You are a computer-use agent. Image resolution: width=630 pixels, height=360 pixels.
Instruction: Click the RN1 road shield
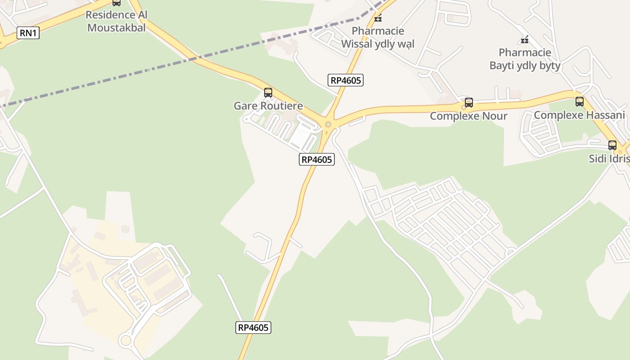coord(28,33)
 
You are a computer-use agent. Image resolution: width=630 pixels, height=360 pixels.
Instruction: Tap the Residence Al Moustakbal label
coord(116,21)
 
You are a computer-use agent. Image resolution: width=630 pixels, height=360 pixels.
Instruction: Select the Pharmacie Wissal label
coord(378,37)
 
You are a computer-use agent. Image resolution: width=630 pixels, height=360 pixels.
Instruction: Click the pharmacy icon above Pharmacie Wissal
coord(378,18)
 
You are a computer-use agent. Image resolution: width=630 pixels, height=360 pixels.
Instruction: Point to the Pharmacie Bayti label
coord(525,59)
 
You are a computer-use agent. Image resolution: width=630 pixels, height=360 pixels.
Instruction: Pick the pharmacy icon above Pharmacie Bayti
coord(525,40)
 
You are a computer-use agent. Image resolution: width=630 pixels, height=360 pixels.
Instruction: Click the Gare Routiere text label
coord(268,106)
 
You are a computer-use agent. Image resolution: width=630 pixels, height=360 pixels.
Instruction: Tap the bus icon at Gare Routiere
coord(268,93)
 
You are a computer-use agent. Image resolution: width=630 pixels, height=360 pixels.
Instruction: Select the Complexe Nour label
coord(468,116)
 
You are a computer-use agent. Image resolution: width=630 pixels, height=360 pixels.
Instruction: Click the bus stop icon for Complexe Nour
coord(469,103)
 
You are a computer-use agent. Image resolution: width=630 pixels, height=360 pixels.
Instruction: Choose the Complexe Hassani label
coord(579,115)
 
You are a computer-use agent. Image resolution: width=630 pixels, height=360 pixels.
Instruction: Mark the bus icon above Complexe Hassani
coord(580,102)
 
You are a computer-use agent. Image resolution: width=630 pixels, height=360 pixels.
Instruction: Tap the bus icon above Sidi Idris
coord(612,145)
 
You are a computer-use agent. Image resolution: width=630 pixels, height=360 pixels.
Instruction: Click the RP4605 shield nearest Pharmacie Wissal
coord(346,81)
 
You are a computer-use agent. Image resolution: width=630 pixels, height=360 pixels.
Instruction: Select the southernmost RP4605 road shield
coord(253,328)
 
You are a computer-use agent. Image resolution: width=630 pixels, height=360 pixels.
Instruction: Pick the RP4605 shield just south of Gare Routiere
coord(317,159)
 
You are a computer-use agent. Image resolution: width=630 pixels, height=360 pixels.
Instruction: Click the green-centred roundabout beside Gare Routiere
coord(328,125)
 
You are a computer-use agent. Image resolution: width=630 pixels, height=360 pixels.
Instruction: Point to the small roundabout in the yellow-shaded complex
coord(126,340)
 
